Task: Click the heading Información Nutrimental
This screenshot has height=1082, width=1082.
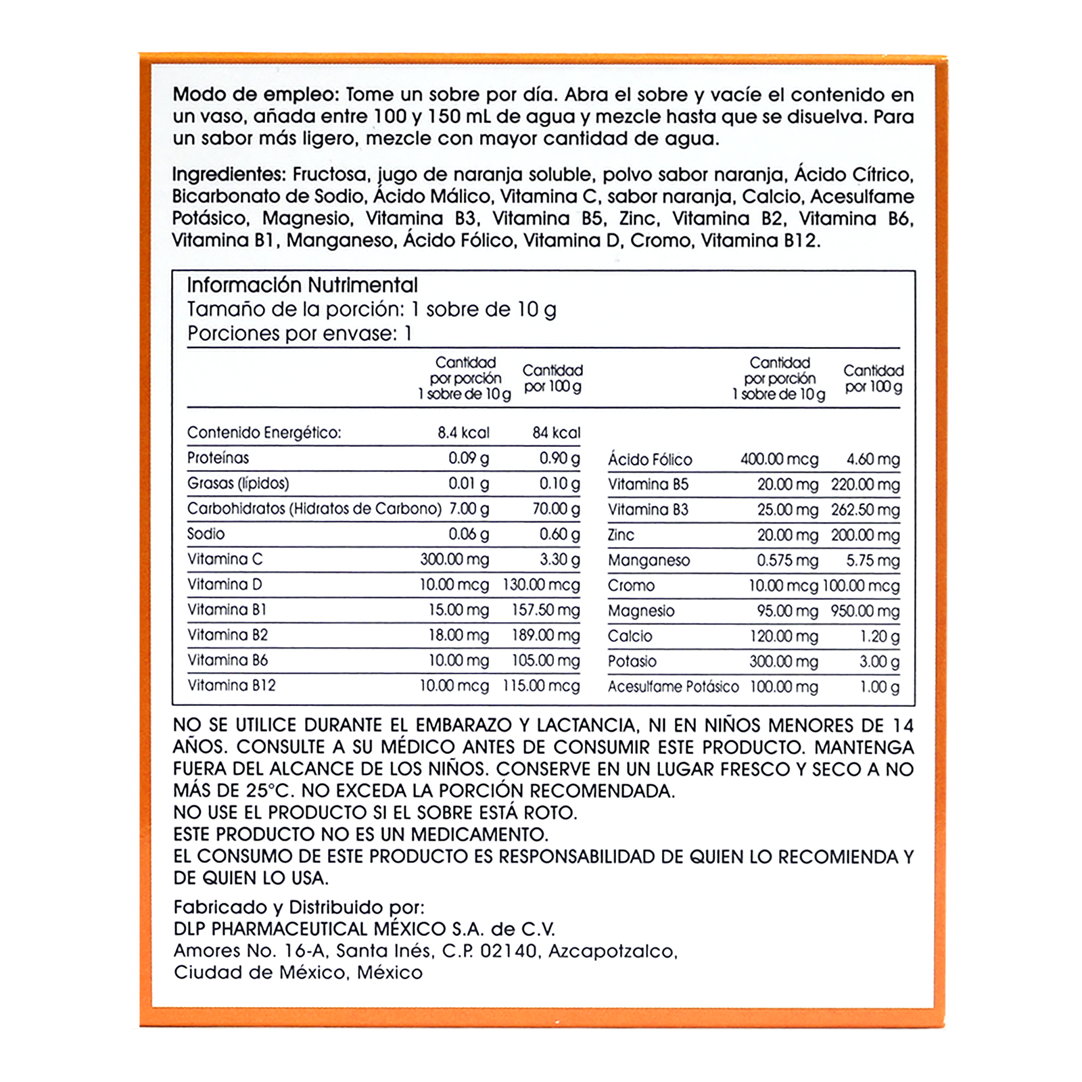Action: tap(302, 285)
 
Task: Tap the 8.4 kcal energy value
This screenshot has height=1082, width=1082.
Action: tap(463, 433)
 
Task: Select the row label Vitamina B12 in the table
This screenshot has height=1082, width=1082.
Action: tap(231, 686)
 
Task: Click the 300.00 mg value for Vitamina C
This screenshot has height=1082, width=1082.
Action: tap(454, 559)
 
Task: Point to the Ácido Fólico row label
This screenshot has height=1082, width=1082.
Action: tap(650, 460)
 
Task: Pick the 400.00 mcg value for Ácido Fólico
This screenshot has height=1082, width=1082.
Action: tap(779, 460)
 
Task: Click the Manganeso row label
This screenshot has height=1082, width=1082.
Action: tap(649, 561)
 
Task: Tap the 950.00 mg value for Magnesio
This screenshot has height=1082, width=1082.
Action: tap(866, 611)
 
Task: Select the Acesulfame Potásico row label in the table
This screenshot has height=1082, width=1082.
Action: tap(673, 687)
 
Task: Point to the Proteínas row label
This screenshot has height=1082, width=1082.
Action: tap(218, 458)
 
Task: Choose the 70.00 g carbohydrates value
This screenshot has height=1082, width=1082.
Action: tap(556, 509)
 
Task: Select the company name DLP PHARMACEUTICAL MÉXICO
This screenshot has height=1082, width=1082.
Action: tap(310, 929)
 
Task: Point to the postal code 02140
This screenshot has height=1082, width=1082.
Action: tap(509, 951)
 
